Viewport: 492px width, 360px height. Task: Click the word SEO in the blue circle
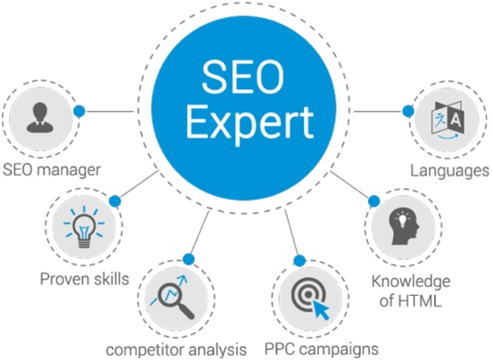pyautogui.click(x=242, y=77)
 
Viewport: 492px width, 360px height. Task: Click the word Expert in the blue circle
pyautogui.click(x=250, y=123)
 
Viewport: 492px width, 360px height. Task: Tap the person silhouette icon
pyautogui.click(x=40, y=118)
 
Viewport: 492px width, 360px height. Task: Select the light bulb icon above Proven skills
pyautogui.click(x=84, y=226)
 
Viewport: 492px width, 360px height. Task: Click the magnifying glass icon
pyautogui.click(x=172, y=298)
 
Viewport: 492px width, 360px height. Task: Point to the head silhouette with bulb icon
pyautogui.click(x=404, y=226)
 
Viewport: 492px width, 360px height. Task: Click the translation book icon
pyautogui.click(x=447, y=120)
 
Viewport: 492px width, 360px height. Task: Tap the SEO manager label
pyautogui.click(x=52, y=170)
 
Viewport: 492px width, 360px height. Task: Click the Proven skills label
pyautogui.click(x=85, y=279)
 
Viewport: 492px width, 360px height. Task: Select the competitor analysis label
pyautogui.click(x=176, y=349)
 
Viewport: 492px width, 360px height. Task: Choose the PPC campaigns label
pyautogui.click(x=321, y=349)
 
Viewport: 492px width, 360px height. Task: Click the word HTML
pyautogui.click(x=419, y=301)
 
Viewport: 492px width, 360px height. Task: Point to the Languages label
pyautogui.click(x=449, y=171)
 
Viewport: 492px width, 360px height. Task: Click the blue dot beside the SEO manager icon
pyautogui.click(x=79, y=111)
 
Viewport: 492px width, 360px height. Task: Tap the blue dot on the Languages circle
pyautogui.click(x=408, y=111)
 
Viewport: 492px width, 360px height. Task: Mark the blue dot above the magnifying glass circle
pyautogui.click(x=189, y=259)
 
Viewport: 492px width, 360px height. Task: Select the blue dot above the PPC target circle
pyautogui.click(x=299, y=260)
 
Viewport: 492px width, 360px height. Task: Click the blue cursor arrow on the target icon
pyautogui.click(x=320, y=310)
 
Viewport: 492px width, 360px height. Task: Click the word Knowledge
pyautogui.click(x=411, y=281)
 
